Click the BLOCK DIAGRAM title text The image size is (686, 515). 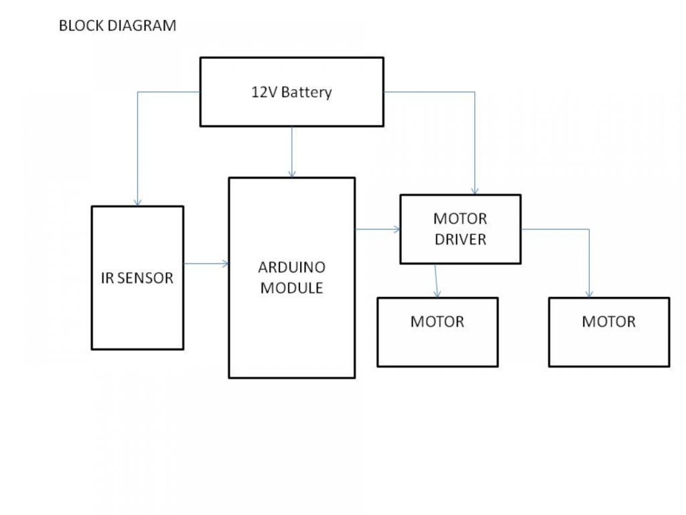pyautogui.click(x=117, y=26)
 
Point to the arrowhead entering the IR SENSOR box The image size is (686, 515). pyautogui.click(x=137, y=203)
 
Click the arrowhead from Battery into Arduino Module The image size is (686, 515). pyautogui.click(x=291, y=174)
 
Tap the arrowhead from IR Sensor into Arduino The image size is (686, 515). pyautogui.click(x=225, y=264)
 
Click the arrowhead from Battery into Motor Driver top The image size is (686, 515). pyautogui.click(x=475, y=191)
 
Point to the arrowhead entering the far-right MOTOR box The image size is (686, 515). pyautogui.click(x=590, y=294)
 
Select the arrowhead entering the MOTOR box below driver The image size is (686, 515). pyautogui.click(x=437, y=294)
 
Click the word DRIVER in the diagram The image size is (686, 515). pyautogui.click(x=460, y=239)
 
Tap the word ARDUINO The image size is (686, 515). pyautogui.click(x=291, y=268)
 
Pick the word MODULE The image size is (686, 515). pyautogui.click(x=291, y=288)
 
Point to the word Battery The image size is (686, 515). pyautogui.click(x=306, y=93)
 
